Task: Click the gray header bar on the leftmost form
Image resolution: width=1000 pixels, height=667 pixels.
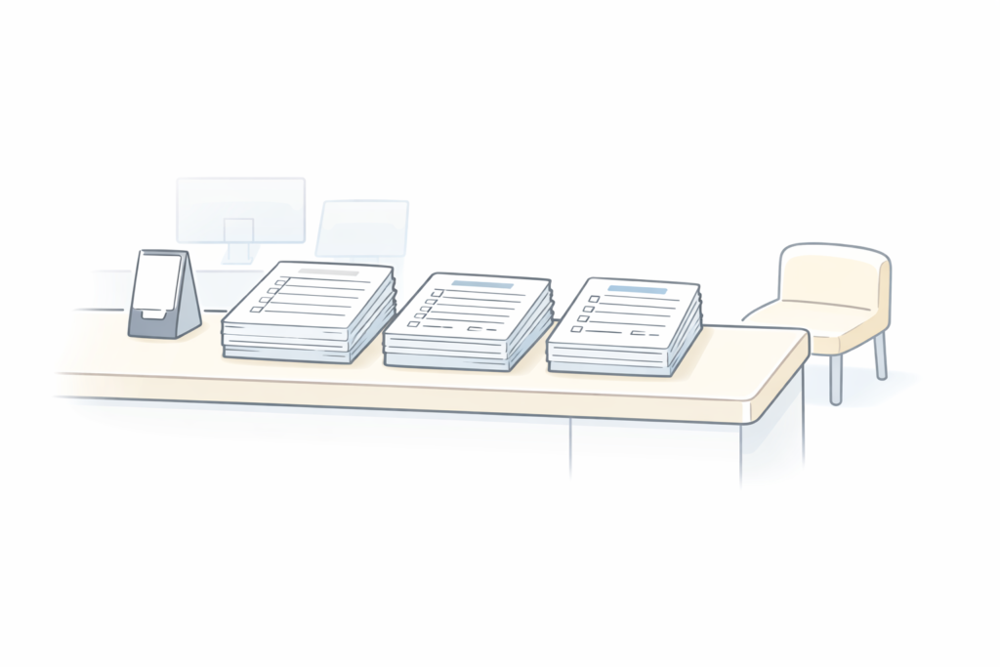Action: click(x=329, y=271)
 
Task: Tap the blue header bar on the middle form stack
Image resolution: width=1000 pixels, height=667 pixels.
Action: click(x=482, y=284)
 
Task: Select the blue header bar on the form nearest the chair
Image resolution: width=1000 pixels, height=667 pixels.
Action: click(x=637, y=290)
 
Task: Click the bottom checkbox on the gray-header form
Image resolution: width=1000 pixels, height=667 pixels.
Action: click(x=255, y=310)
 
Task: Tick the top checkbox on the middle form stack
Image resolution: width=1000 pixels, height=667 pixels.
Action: click(x=437, y=293)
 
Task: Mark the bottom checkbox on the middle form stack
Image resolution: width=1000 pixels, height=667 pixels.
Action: click(x=413, y=323)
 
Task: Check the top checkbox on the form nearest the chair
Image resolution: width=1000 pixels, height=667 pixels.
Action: click(x=593, y=297)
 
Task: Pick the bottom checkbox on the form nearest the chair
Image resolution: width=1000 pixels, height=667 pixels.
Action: click(x=576, y=329)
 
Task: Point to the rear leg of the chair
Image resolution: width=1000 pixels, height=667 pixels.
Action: click(x=880, y=355)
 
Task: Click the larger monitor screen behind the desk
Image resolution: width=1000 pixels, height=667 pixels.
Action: click(x=240, y=209)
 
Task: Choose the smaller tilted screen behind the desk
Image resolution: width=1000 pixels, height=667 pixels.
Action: click(x=362, y=229)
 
